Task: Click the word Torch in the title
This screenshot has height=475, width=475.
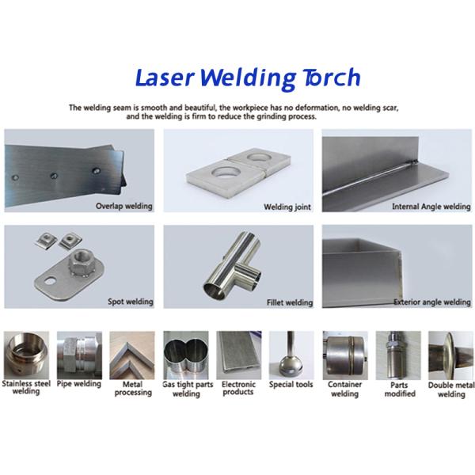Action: (330, 78)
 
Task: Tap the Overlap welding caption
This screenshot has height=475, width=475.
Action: (124, 207)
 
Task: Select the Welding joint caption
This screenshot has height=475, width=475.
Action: (287, 207)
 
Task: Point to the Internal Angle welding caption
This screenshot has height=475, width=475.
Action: (431, 207)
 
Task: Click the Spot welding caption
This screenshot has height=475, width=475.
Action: (130, 302)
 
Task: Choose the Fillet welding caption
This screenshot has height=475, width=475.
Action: (288, 302)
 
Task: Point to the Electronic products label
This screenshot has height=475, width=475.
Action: (238, 388)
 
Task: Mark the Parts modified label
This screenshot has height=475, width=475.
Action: (399, 389)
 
